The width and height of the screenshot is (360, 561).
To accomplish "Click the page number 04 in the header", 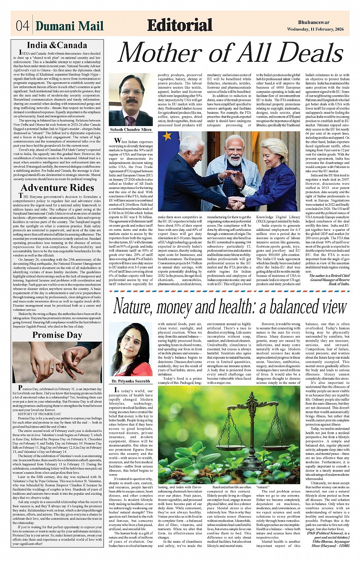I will click(22, 26).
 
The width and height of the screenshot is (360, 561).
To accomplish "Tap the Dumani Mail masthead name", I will click(69, 26).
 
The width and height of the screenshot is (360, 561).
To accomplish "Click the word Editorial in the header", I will click(179, 25).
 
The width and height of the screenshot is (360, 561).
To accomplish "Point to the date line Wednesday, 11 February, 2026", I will click(315, 29).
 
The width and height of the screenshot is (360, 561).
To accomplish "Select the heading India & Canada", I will click(57, 45).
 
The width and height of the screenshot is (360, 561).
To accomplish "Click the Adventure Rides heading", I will click(58, 188).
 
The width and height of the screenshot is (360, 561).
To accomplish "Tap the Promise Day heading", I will click(57, 335).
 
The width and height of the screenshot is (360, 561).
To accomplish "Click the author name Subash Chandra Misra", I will click(131, 129).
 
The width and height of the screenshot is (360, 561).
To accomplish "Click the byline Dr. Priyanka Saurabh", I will click(131, 381).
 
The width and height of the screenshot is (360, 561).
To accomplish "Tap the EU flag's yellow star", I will click(167, 136).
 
